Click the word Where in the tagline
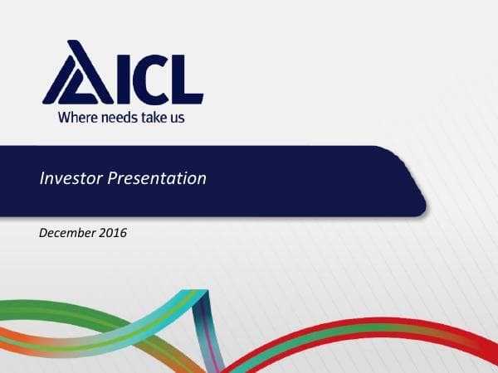pyautogui.click(x=76, y=117)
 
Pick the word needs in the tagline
pyautogui.click(x=117, y=117)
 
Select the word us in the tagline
pyautogui.click(x=176, y=117)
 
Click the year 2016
pyautogui.click(x=114, y=234)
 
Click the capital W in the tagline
pyautogui.click(x=63, y=117)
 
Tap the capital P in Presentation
pyautogui.click(x=111, y=178)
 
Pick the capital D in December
pyautogui.click(x=44, y=234)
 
